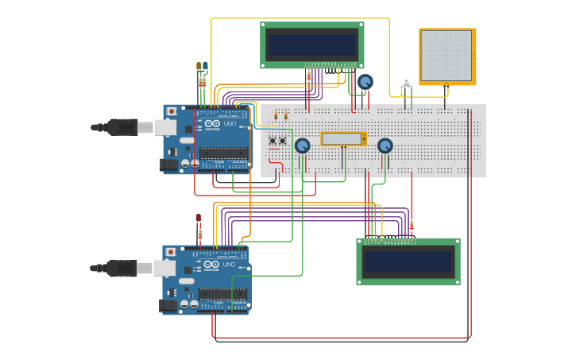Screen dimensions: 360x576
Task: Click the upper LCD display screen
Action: (x=312, y=44)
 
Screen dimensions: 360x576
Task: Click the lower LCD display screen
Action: (x=408, y=261)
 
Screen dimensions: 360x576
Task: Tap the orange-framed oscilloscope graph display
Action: (x=446, y=56)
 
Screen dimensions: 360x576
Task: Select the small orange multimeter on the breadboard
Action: (x=343, y=139)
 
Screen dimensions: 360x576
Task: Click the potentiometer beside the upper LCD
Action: (x=365, y=81)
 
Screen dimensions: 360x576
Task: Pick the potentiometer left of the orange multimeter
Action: (x=302, y=145)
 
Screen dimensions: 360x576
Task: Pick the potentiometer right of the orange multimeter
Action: (x=385, y=145)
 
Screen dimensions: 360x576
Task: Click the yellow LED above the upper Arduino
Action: (x=199, y=67)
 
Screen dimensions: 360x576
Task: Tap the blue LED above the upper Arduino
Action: (x=205, y=66)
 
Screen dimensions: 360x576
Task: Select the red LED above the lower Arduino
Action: (x=199, y=218)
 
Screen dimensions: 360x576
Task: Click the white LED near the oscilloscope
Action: (x=407, y=80)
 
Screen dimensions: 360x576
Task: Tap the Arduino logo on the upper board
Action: (x=211, y=124)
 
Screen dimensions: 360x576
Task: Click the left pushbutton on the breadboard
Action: (x=273, y=141)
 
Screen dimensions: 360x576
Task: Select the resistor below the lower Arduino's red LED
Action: (x=200, y=234)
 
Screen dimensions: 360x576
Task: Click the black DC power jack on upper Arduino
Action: (x=169, y=165)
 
